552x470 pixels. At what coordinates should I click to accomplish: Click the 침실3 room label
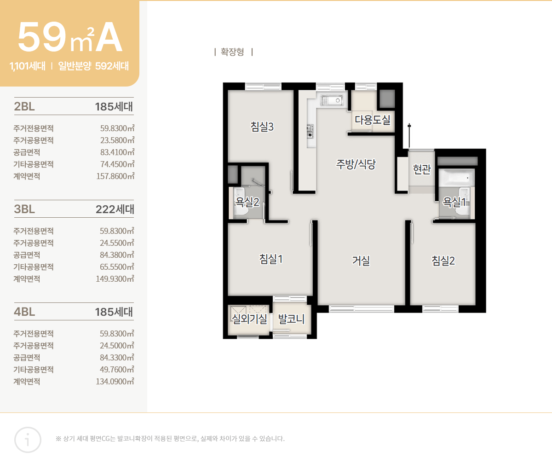click(262, 127)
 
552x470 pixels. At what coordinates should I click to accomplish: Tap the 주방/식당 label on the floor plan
click(356, 164)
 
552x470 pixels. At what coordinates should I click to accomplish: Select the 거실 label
click(361, 261)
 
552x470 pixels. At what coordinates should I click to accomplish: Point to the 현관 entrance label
click(422, 169)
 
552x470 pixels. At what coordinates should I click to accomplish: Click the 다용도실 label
click(373, 120)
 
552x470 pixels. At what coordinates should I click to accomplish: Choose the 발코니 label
click(291, 319)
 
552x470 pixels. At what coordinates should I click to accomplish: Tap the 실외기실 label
click(249, 319)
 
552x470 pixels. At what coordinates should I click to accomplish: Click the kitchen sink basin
click(332, 100)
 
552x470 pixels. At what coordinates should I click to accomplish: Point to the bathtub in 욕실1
click(457, 177)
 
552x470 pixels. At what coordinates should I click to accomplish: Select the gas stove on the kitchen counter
click(310, 131)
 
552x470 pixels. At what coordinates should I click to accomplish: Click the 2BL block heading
click(24, 106)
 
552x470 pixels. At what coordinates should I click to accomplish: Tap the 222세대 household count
click(115, 209)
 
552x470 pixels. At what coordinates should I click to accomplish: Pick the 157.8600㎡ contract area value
click(115, 176)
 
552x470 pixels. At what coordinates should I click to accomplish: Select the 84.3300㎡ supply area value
click(117, 358)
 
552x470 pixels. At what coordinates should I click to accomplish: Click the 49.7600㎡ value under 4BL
click(117, 370)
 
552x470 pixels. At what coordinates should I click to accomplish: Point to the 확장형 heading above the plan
click(232, 52)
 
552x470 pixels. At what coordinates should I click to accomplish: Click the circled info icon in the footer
click(28, 440)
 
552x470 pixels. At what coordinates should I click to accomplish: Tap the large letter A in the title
click(109, 37)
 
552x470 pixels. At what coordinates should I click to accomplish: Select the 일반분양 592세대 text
click(93, 66)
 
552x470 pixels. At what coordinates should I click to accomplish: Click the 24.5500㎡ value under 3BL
click(117, 243)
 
